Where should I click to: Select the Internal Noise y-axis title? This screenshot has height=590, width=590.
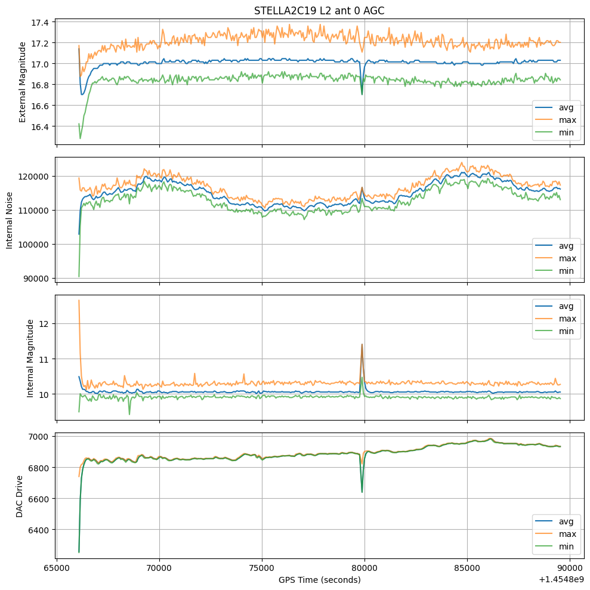pyautogui.click(x=10, y=218)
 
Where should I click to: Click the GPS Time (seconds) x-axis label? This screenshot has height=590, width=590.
pyautogui.click(x=319, y=579)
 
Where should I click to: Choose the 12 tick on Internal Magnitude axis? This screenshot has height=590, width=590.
pyautogui.click(x=47, y=323)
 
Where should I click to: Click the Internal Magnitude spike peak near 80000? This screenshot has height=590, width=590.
pyautogui.click(x=362, y=344)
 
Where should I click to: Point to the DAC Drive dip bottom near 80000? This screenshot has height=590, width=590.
pyautogui.click(x=362, y=492)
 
